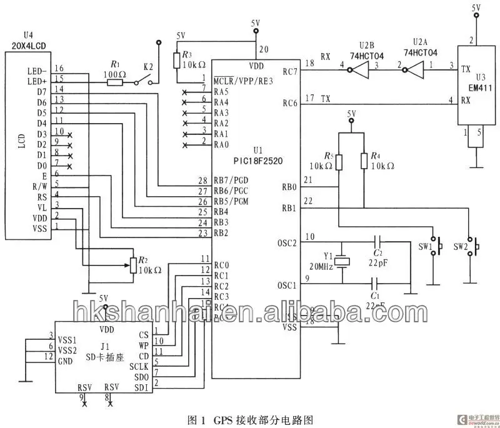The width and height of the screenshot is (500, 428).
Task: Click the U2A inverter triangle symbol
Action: coord(415,71)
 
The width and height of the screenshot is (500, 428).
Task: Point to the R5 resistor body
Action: coord(339,162)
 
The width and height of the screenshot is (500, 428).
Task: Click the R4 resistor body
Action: coord(364,162)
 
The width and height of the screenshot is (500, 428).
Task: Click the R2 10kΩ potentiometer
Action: coord(132,264)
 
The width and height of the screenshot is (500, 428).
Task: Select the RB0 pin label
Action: coord(288,186)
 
